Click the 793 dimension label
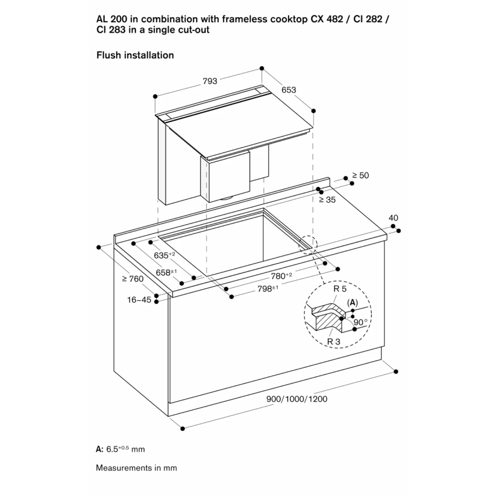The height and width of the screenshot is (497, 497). click(x=210, y=81)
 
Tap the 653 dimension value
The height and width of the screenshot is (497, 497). click(x=289, y=90)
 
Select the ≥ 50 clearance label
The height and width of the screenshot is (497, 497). click(x=361, y=175)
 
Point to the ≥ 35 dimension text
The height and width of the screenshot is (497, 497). click(x=327, y=200)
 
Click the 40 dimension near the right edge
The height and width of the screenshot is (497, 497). click(x=393, y=218)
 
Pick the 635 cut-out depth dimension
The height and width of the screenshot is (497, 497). click(x=164, y=255)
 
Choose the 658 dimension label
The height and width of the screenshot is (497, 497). click(x=166, y=272)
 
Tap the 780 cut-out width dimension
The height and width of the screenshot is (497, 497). click(x=281, y=276)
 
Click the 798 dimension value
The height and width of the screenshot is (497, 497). click(x=268, y=289)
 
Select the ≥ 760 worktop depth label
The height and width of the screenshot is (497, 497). click(x=133, y=279)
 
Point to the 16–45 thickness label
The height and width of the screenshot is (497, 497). click(x=139, y=300)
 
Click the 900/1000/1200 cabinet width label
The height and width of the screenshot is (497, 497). click(x=297, y=399)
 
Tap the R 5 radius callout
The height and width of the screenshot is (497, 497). click(x=340, y=289)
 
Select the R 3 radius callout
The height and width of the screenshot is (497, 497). click(x=333, y=342)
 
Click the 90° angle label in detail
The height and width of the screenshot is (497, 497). click(x=361, y=323)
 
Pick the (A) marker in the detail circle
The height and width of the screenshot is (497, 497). click(x=352, y=303)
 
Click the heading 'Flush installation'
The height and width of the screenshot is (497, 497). click(x=135, y=55)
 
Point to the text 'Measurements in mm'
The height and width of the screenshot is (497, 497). click(x=136, y=468)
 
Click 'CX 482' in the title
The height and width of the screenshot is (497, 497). click(x=327, y=19)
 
